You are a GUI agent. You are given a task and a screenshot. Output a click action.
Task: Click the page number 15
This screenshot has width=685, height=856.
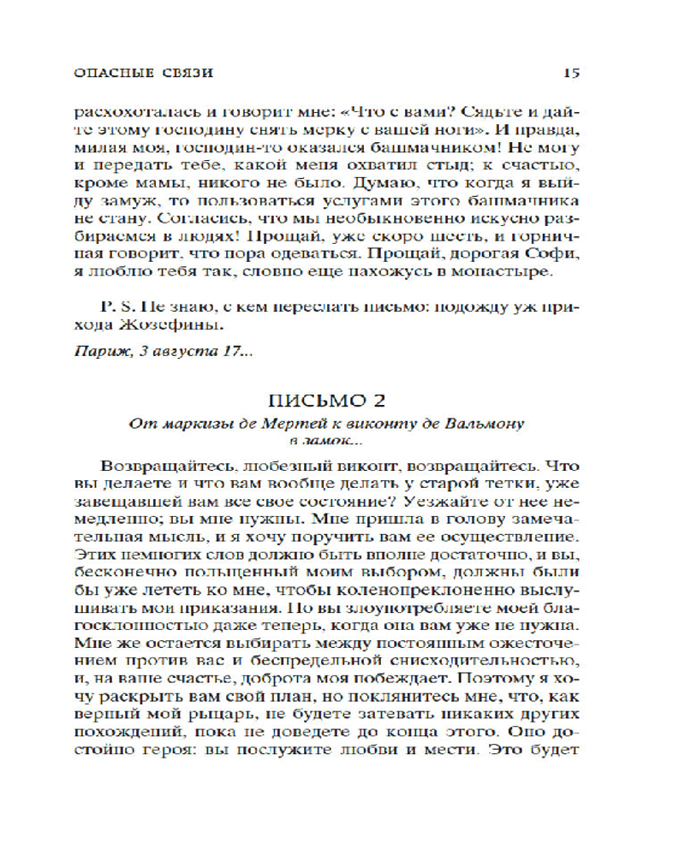[x=572, y=73]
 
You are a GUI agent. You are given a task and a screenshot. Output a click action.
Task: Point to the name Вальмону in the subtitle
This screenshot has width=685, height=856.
[x=483, y=423]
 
